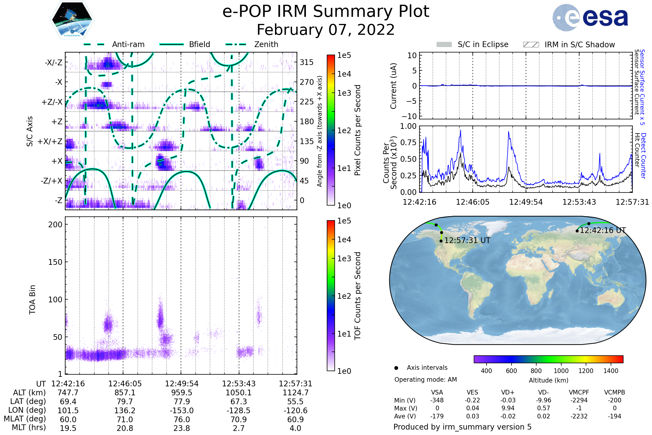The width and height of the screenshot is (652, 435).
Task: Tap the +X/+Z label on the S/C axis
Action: (50, 141)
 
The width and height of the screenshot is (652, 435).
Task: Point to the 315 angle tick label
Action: (306, 62)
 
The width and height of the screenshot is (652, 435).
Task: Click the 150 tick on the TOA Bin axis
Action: (55, 262)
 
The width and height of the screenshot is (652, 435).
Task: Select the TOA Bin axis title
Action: (32, 299)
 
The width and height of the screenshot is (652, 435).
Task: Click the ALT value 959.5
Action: (181, 393)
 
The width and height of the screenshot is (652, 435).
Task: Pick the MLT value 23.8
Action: (181, 428)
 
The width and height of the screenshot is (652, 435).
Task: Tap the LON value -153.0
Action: (181, 410)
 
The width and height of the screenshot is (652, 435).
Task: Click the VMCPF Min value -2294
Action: (579, 400)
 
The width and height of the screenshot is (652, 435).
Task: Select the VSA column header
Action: (437, 392)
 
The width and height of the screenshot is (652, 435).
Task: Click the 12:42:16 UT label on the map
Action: (603, 230)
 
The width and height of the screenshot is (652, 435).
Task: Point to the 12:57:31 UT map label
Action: (467, 240)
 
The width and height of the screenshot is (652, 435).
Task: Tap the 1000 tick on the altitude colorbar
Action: (561, 371)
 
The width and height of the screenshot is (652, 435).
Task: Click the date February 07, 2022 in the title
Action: (326, 30)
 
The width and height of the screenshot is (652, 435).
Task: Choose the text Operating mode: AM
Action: (425, 380)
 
